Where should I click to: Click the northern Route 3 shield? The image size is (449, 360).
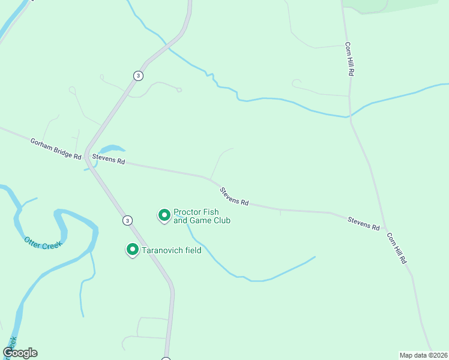pyautogui.click(x=139, y=76)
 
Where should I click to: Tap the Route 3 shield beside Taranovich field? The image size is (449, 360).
pyautogui.click(x=127, y=220)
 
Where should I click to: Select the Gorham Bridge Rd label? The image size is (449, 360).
pyautogui.click(x=55, y=148)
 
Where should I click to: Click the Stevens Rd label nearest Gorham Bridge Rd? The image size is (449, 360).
pyautogui.click(x=108, y=161)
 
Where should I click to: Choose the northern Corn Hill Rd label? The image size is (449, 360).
pyautogui.click(x=348, y=58)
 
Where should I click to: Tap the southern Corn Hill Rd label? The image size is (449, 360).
pyautogui.click(x=397, y=248)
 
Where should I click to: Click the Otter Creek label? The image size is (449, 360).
pyautogui.click(x=43, y=242)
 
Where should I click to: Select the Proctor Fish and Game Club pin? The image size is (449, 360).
pyautogui.click(x=164, y=215)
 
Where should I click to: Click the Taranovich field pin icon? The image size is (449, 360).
pyautogui.click(x=132, y=249)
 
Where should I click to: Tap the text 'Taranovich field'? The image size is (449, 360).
pyautogui.click(x=172, y=250)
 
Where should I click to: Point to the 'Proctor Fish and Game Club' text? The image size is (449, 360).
pyautogui.click(x=202, y=216)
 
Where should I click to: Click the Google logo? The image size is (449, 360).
pyautogui.click(x=20, y=353)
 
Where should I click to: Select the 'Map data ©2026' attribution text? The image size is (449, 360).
pyautogui.click(x=423, y=355)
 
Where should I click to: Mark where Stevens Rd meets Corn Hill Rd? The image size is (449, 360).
pyautogui.click(x=382, y=221)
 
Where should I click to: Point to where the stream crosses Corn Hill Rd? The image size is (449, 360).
pyautogui.click(x=350, y=116)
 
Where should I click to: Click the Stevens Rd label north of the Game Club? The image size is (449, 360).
pyautogui.click(x=234, y=196)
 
